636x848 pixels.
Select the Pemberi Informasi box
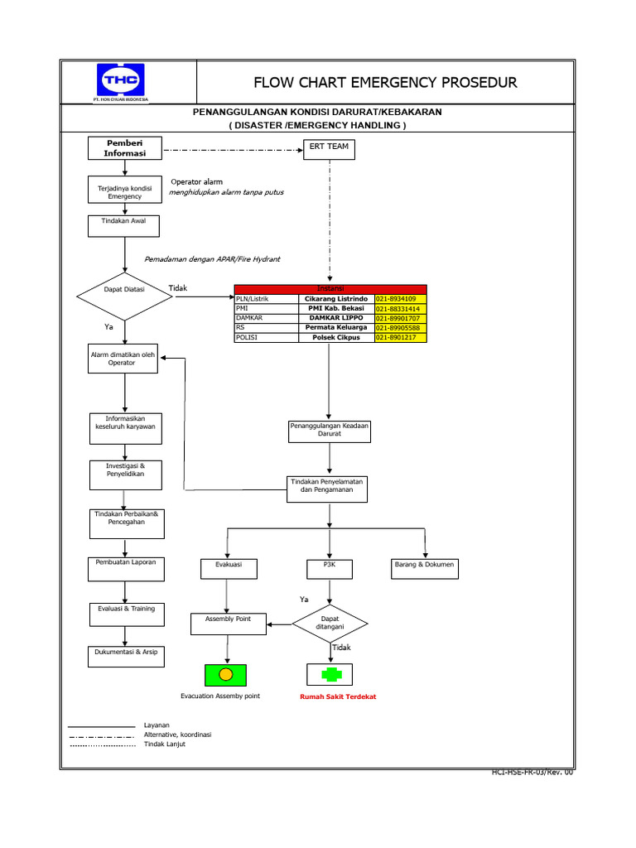click(x=124, y=148)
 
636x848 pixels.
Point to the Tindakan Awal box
click(x=123, y=225)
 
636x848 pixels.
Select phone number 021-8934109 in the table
click(x=401, y=298)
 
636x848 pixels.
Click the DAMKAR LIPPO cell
click(x=335, y=318)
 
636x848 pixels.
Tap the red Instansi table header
click(x=330, y=288)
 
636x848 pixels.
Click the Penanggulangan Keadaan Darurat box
click(x=330, y=430)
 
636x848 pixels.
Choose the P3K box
click(x=330, y=568)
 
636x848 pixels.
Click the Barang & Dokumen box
click(x=424, y=568)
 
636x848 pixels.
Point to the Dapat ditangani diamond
click(x=330, y=624)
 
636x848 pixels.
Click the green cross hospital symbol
click(x=330, y=674)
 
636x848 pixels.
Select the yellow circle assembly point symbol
click(x=225, y=674)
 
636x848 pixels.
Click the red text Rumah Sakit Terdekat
click(x=338, y=697)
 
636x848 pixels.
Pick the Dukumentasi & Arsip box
click(x=124, y=656)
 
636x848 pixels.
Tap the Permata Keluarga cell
click(x=335, y=328)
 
